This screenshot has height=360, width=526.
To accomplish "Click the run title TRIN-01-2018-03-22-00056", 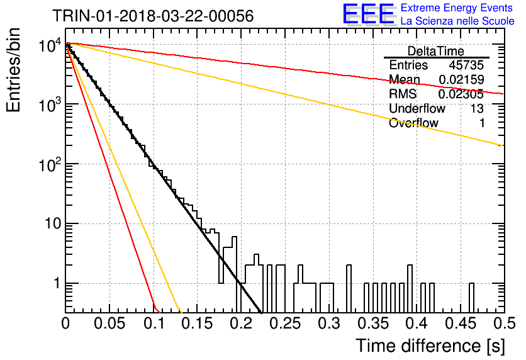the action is pyautogui.click(x=153, y=16).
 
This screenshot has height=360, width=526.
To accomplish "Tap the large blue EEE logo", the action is pyautogui.click(x=369, y=14).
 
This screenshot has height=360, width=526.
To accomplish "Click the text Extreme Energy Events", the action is pyautogui.click(x=457, y=8).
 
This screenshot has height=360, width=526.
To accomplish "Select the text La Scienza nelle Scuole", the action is pyautogui.click(x=457, y=21).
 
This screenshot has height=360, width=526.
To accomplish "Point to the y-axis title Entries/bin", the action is pyautogui.click(x=14, y=70).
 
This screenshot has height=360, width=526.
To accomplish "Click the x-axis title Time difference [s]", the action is pyautogui.click(x=430, y=346).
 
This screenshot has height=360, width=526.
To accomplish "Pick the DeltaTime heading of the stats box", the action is pyautogui.click(x=436, y=51).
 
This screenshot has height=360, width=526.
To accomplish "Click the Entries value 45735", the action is pyautogui.click(x=466, y=65).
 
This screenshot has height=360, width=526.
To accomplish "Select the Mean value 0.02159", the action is pyautogui.click(x=461, y=79).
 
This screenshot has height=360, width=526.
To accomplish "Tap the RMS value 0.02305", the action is pyautogui.click(x=461, y=94).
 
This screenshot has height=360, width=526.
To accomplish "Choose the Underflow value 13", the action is pyautogui.click(x=477, y=108).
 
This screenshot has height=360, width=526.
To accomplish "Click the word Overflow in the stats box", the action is pyautogui.click(x=413, y=123).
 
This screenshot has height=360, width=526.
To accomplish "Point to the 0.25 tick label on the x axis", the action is pyautogui.click(x=285, y=323).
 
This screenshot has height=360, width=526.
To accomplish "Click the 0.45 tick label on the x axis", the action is pyautogui.click(x=461, y=323).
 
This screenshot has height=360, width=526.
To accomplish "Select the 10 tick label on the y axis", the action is pyautogui.click(x=53, y=223).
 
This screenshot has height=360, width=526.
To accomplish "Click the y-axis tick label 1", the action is pyautogui.click(x=57, y=283).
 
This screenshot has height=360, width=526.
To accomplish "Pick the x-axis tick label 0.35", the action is pyautogui.click(x=373, y=323).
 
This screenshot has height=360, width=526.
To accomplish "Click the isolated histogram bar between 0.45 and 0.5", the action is pyautogui.click(x=471, y=298).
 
